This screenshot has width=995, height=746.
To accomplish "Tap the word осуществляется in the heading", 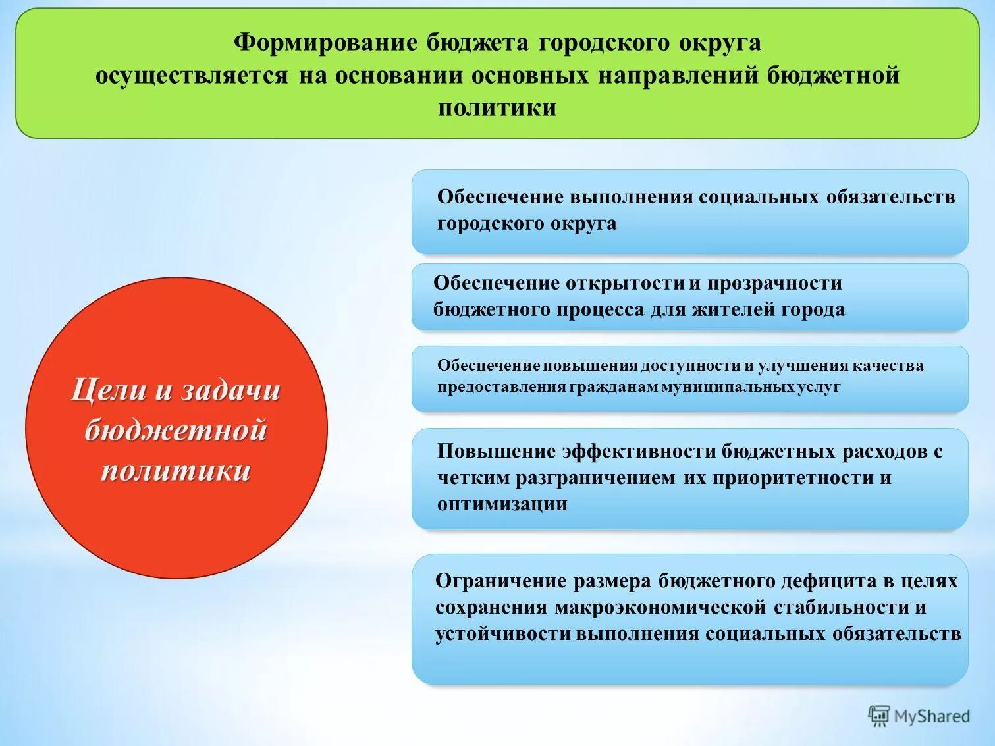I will (x=192, y=76).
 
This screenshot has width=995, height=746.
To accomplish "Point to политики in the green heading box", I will (x=497, y=107).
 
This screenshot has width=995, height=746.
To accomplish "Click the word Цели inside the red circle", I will (x=108, y=390).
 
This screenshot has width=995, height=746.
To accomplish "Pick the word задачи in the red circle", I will (x=230, y=390).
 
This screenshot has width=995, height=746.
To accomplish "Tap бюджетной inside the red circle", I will (x=176, y=430).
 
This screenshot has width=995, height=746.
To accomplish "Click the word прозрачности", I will (x=774, y=283).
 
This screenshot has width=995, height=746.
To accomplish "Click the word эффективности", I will (x=638, y=451).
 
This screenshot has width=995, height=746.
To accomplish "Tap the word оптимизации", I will (x=502, y=504).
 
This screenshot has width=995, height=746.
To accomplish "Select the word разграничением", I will (x=595, y=477).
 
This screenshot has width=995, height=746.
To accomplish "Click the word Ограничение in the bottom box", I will (x=500, y=581).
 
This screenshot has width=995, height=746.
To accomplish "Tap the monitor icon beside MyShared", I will (x=878, y=716).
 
